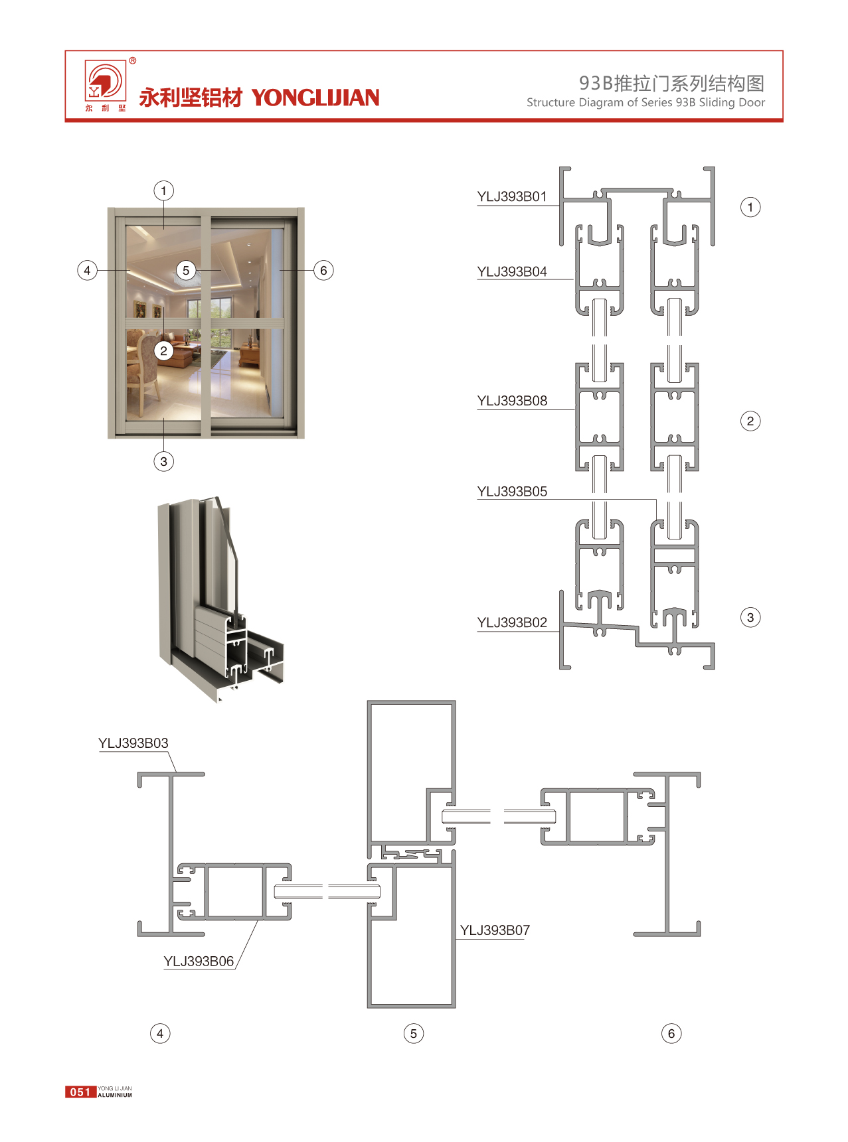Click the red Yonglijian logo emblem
click(x=104, y=82)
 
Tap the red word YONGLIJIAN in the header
click(x=315, y=98)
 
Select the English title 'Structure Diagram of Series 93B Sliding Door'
click(x=645, y=103)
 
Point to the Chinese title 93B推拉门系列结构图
click(x=671, y=83)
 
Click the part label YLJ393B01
click(x=512, y=196)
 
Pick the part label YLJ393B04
click(x=512, y=271)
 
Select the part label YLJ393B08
click(x=512, y=401)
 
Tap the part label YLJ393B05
click(x=512, y=492)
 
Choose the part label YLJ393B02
click(x=512, y=622)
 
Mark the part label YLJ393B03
click(x=133, y=743)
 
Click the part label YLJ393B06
click(x=199, y=962)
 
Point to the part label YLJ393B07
click(x=495, y=930)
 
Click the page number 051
click(x=80, y=1092)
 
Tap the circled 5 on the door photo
click(x=186, y=270)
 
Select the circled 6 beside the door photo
click(x=323, y=270)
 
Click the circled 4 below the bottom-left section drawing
click(x=160, y=1033)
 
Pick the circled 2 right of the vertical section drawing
click(x=750, y=421)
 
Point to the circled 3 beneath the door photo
click(x=163, y=461)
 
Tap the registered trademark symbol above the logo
click(x=133, y=60)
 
